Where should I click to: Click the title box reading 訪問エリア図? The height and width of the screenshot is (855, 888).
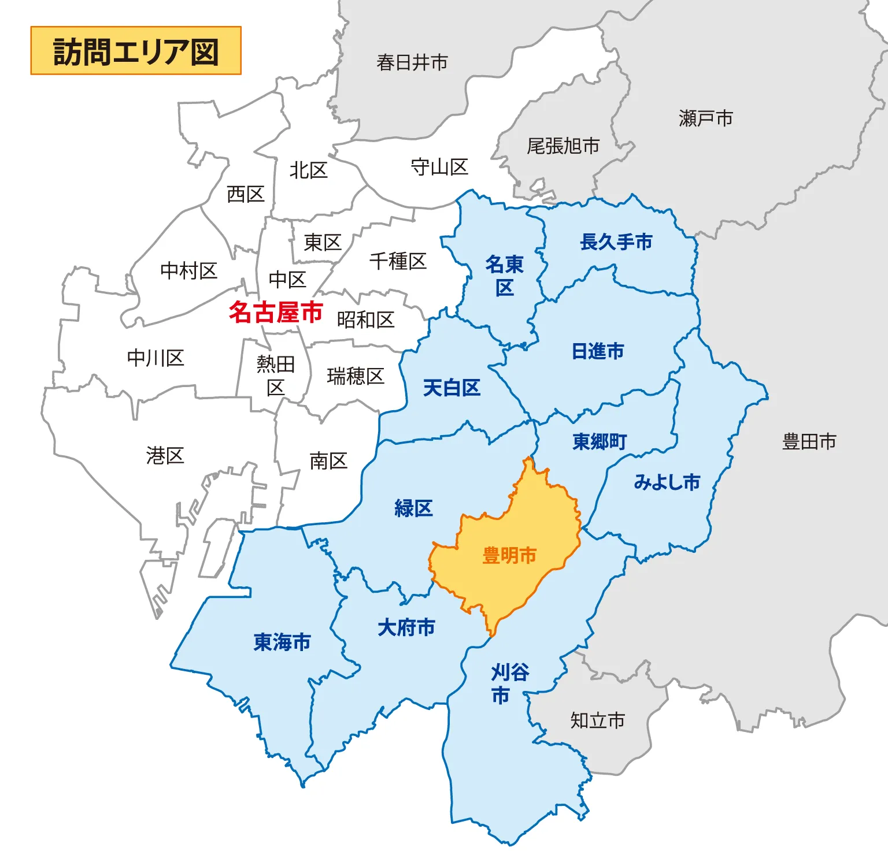136,51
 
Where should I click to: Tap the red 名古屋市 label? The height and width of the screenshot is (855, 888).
275,312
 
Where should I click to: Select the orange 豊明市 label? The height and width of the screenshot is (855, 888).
509,556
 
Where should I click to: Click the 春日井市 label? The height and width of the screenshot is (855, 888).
412,62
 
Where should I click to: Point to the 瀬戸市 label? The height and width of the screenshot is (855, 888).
706,118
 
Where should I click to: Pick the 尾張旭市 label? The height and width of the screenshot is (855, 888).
563,146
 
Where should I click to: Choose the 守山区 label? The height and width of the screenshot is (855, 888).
439,168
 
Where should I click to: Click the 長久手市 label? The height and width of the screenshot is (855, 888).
616,242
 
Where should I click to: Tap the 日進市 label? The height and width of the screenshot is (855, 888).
598,351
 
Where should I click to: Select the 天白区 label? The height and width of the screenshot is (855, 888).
452,388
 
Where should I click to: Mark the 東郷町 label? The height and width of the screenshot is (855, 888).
600,442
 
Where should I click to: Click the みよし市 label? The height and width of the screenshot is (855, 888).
667,482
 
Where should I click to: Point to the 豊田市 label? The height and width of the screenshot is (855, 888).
809,442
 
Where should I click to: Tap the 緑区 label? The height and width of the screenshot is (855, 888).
413,508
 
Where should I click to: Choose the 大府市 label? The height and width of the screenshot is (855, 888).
406,627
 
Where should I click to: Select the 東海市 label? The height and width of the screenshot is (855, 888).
282,642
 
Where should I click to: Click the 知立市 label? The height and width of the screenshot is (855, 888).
598,720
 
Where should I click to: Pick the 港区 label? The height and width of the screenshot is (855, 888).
165,456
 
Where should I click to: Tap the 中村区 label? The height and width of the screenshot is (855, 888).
188,270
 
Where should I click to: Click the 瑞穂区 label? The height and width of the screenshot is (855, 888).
356,376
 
